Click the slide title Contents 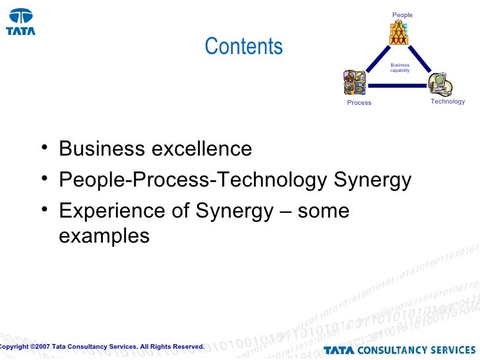[x=243, y=47]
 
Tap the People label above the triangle [x=402, y=15]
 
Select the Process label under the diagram [x=359, y=103]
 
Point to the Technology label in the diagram [x=448, y=102]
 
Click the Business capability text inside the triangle [x=400, y=68]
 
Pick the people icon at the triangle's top [x=399, y=32]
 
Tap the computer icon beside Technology [x=440, y=84]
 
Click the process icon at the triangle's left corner [x=354, y=83]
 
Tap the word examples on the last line [x=104, y=235]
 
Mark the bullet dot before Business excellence [x=43, y=148]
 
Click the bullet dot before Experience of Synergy [x=43, y=210]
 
